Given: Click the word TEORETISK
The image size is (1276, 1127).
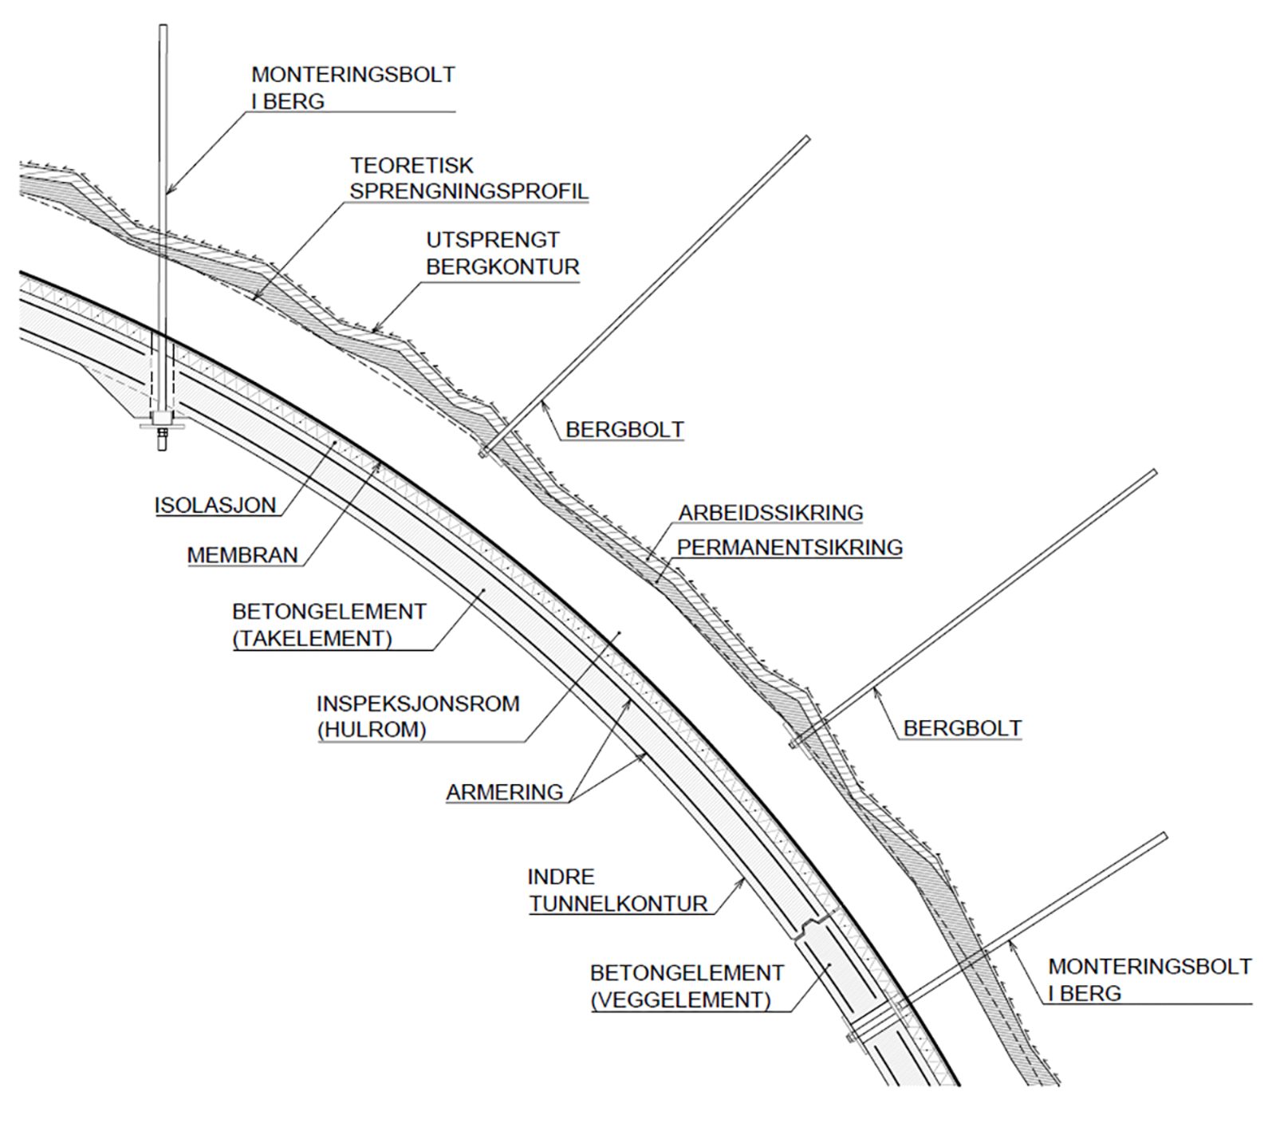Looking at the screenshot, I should coord(412,166).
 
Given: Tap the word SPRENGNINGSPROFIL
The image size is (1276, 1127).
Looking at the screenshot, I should coord(469,192).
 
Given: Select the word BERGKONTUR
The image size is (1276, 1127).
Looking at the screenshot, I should coord(502,267).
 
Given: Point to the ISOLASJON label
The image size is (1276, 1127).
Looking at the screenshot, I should coord(215,506).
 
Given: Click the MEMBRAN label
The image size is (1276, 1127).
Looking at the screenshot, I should coord(242,556).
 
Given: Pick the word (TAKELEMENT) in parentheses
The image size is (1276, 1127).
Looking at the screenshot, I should coord(313,639).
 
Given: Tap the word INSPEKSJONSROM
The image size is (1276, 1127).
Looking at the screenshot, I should coord(418,704).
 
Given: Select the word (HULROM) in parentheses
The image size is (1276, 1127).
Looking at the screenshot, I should coord(372,731).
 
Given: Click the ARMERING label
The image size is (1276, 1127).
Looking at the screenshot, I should coord(504,793).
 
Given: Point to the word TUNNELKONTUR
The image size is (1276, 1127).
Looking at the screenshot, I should coord(618,904).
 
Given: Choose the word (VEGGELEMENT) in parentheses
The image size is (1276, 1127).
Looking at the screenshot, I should coord(680,1000).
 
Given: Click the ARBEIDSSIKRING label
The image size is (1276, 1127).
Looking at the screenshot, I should coord(770,513).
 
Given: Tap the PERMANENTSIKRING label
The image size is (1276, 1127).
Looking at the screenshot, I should coord(790,548).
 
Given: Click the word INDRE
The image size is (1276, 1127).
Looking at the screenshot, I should coord(561,877).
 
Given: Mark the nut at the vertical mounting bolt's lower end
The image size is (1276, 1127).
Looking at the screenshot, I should coord(163,435).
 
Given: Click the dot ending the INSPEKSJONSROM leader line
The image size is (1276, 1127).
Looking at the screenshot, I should coord(619,634).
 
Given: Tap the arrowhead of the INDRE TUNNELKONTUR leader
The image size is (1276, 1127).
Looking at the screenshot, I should coord(742,881).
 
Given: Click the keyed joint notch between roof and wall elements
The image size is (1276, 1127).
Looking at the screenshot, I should coord(810,925).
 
